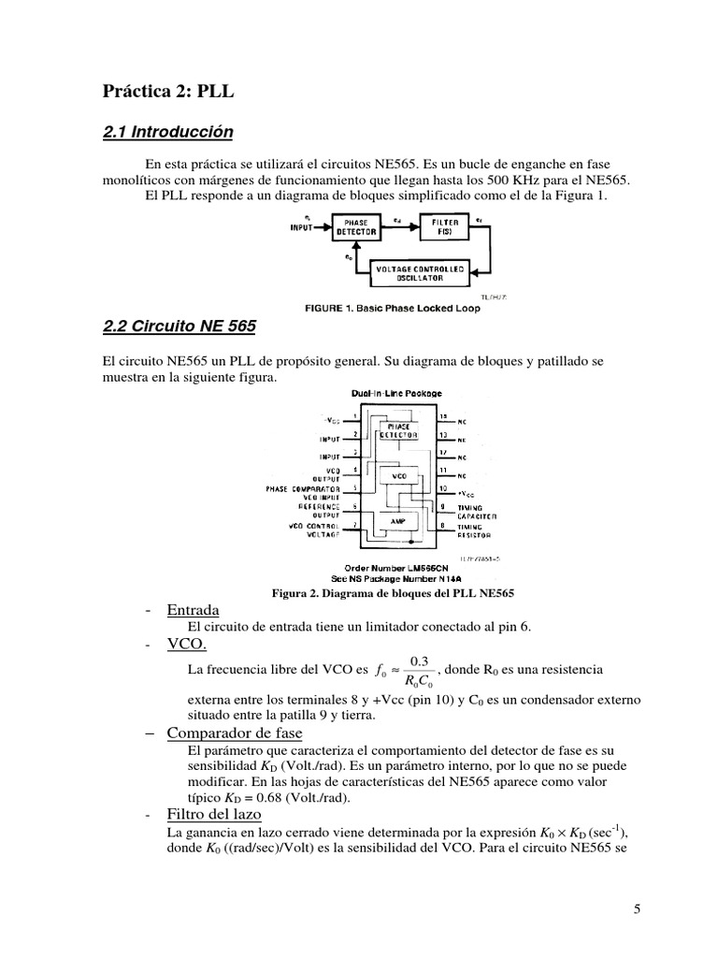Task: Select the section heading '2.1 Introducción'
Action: click(167, 132)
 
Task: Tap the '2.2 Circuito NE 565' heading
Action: click(179, 327)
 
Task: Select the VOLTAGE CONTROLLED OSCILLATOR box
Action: click(418, 273)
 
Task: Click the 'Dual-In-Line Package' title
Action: click(395, 394)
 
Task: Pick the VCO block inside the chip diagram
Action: click(398, 475)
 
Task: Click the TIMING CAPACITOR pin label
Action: click(482, 511)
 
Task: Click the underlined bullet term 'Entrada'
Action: click(193, 611)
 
